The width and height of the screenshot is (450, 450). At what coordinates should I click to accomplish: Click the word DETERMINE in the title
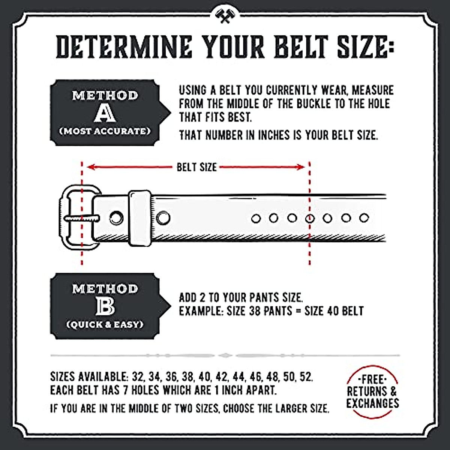pyautogui.click(x=123, y=47)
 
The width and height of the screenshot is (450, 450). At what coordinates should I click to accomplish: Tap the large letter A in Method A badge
pyautogui.click(x=105, y=112)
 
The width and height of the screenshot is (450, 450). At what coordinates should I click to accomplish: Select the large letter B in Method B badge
pyautogui.click(x=105, y=306)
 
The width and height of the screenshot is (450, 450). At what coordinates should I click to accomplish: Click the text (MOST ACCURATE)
pyautogui.click(x=105, y=131)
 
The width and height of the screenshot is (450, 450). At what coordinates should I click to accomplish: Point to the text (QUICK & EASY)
pyautogui.click(x=105, y=325)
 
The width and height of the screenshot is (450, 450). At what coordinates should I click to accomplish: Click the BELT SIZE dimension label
pyautogui.click(x=197, y=167)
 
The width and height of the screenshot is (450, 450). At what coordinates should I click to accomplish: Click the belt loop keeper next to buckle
pyautogui.click(x=139, y=218)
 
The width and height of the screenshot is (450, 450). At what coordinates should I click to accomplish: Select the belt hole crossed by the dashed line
pyautogui.click(x=310, y=218)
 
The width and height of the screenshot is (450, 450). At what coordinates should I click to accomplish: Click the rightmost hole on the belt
pyautogui.click(x=364, y=218)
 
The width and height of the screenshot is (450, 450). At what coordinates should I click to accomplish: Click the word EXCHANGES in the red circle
pyautogui.click(x=372, y=403)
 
